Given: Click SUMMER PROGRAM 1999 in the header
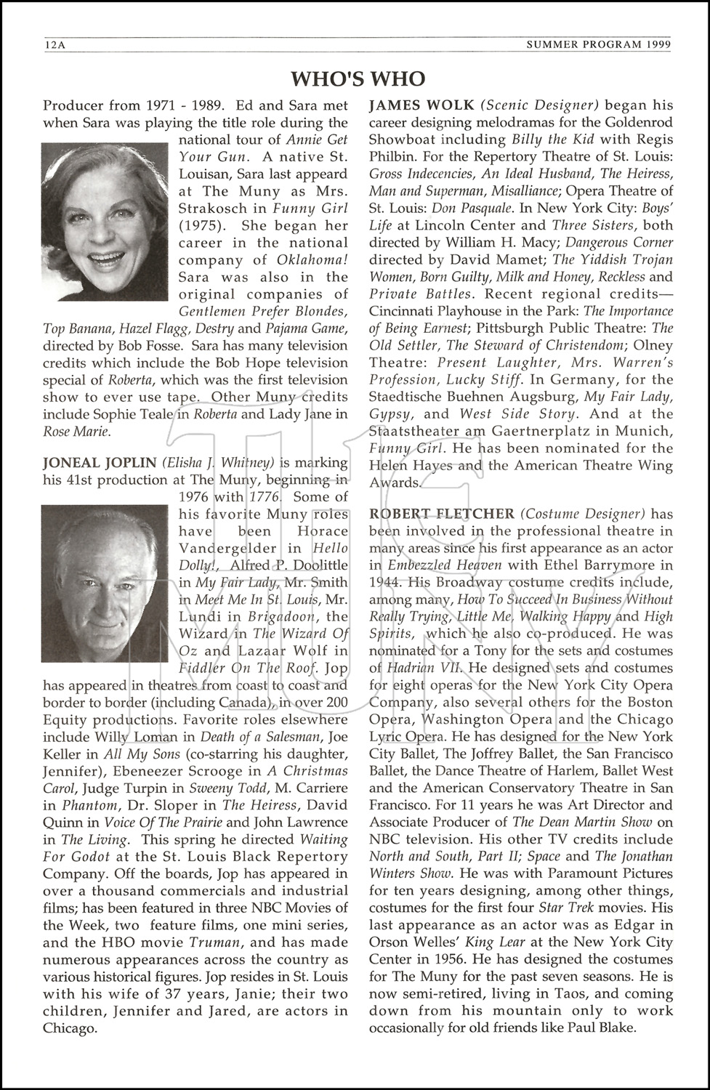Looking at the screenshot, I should tap(598, 45).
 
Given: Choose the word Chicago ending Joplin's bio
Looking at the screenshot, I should tap(69, 1029).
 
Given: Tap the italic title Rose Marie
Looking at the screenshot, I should tap(76, 432).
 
